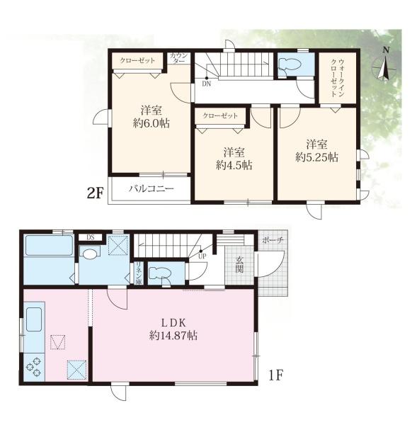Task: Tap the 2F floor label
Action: [95, 193]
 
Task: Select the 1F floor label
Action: [276, 375]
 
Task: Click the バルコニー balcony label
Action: [151, 188]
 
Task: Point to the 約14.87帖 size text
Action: [173, 336]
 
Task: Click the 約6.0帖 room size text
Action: [151, 123]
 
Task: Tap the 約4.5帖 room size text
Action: [234, 165]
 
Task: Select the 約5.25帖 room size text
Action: [316, 157]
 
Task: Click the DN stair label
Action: [207, 84]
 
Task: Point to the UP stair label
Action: [202, 256]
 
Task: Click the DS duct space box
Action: [91, 237]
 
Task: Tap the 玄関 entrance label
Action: [239, 264]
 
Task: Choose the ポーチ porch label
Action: [273, 240]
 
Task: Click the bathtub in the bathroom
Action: [49, 245]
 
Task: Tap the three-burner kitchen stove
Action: [34, 367]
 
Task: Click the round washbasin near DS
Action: [88, 254]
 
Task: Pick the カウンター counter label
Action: [178, 58]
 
